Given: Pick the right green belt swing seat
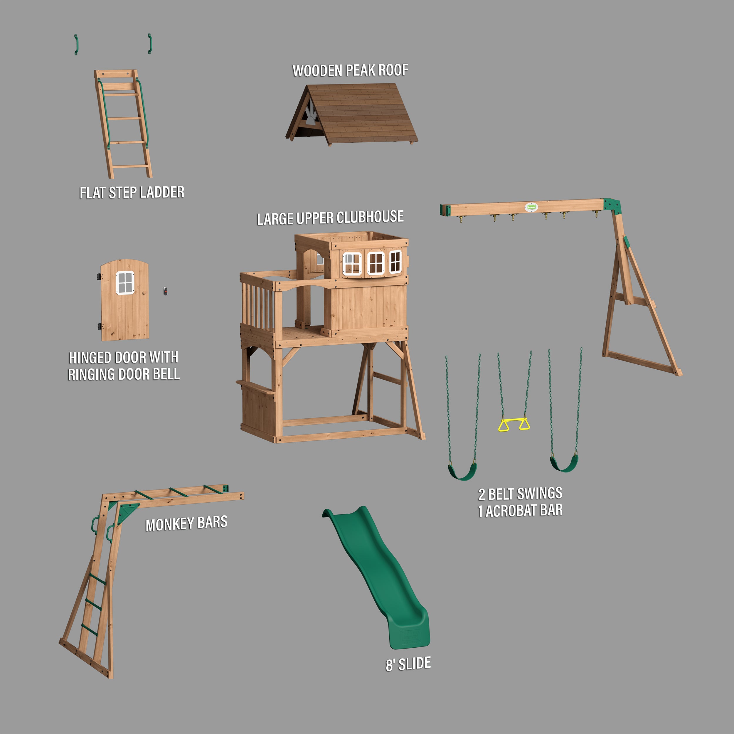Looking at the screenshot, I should click(564, 464).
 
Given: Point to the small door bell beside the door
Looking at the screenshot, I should click(165, 291).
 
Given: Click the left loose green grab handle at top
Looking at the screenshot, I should click(76, 44).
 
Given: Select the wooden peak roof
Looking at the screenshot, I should click(361, 114).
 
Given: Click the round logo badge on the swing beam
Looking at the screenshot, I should click(531, 207).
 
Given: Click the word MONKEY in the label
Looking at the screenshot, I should click(169, 525).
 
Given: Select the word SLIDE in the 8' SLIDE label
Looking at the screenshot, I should click(415, 663).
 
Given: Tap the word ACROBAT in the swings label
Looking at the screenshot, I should click(511, 511).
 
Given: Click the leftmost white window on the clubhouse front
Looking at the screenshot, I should click(352, 263).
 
